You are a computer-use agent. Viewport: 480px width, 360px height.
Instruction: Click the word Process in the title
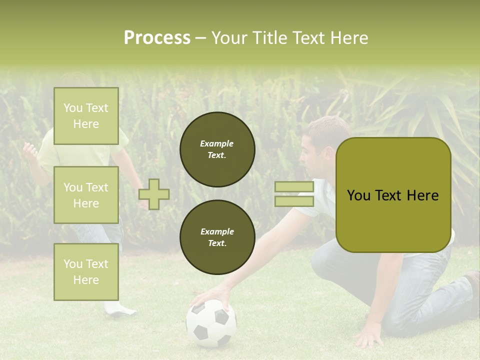157,38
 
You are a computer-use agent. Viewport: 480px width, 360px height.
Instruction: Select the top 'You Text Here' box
86,116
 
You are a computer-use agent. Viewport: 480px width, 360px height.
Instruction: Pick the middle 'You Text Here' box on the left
86,195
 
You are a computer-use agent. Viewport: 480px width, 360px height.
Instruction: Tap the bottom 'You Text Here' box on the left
86,271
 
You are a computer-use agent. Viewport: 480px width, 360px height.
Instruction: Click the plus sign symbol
154,194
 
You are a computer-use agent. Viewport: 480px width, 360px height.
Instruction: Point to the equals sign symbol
294,194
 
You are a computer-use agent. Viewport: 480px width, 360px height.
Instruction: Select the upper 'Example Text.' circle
217,149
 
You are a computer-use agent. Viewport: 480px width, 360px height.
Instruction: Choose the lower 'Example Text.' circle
217,237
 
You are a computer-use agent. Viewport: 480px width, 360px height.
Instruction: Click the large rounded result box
393,194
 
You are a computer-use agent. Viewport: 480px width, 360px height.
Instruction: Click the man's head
322,142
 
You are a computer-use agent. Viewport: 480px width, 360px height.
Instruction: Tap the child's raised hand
30,149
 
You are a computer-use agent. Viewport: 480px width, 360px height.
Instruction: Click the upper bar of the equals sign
294,187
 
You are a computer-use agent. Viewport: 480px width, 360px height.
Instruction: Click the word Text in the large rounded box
393,195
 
